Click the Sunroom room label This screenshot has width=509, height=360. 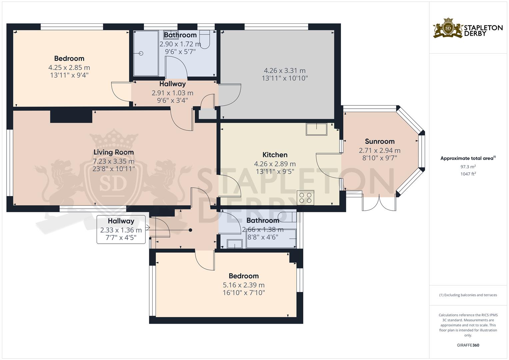[380, 141]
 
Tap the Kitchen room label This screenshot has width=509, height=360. [275, 155]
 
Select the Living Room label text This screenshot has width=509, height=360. [113, 152]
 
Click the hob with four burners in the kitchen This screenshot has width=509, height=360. [305, 197]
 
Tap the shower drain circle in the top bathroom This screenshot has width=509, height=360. [141, 53]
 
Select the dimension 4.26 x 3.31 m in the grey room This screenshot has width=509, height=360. [284, 71]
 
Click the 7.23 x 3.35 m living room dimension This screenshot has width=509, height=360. [113, 161]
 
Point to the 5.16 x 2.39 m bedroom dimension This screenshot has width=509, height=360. [243, 285]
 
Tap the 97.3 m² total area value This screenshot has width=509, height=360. [468, 166]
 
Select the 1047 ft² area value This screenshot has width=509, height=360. [468, 174]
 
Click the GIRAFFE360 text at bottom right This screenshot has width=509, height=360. [468, 345]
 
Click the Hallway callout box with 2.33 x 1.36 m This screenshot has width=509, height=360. [121, 229]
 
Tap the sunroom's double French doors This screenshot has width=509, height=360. [379, 203]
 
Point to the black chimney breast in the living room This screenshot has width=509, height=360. [71, 116]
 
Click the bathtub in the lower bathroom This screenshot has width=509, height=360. [271, 239]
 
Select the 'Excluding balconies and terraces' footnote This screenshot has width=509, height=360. [468, 295]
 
